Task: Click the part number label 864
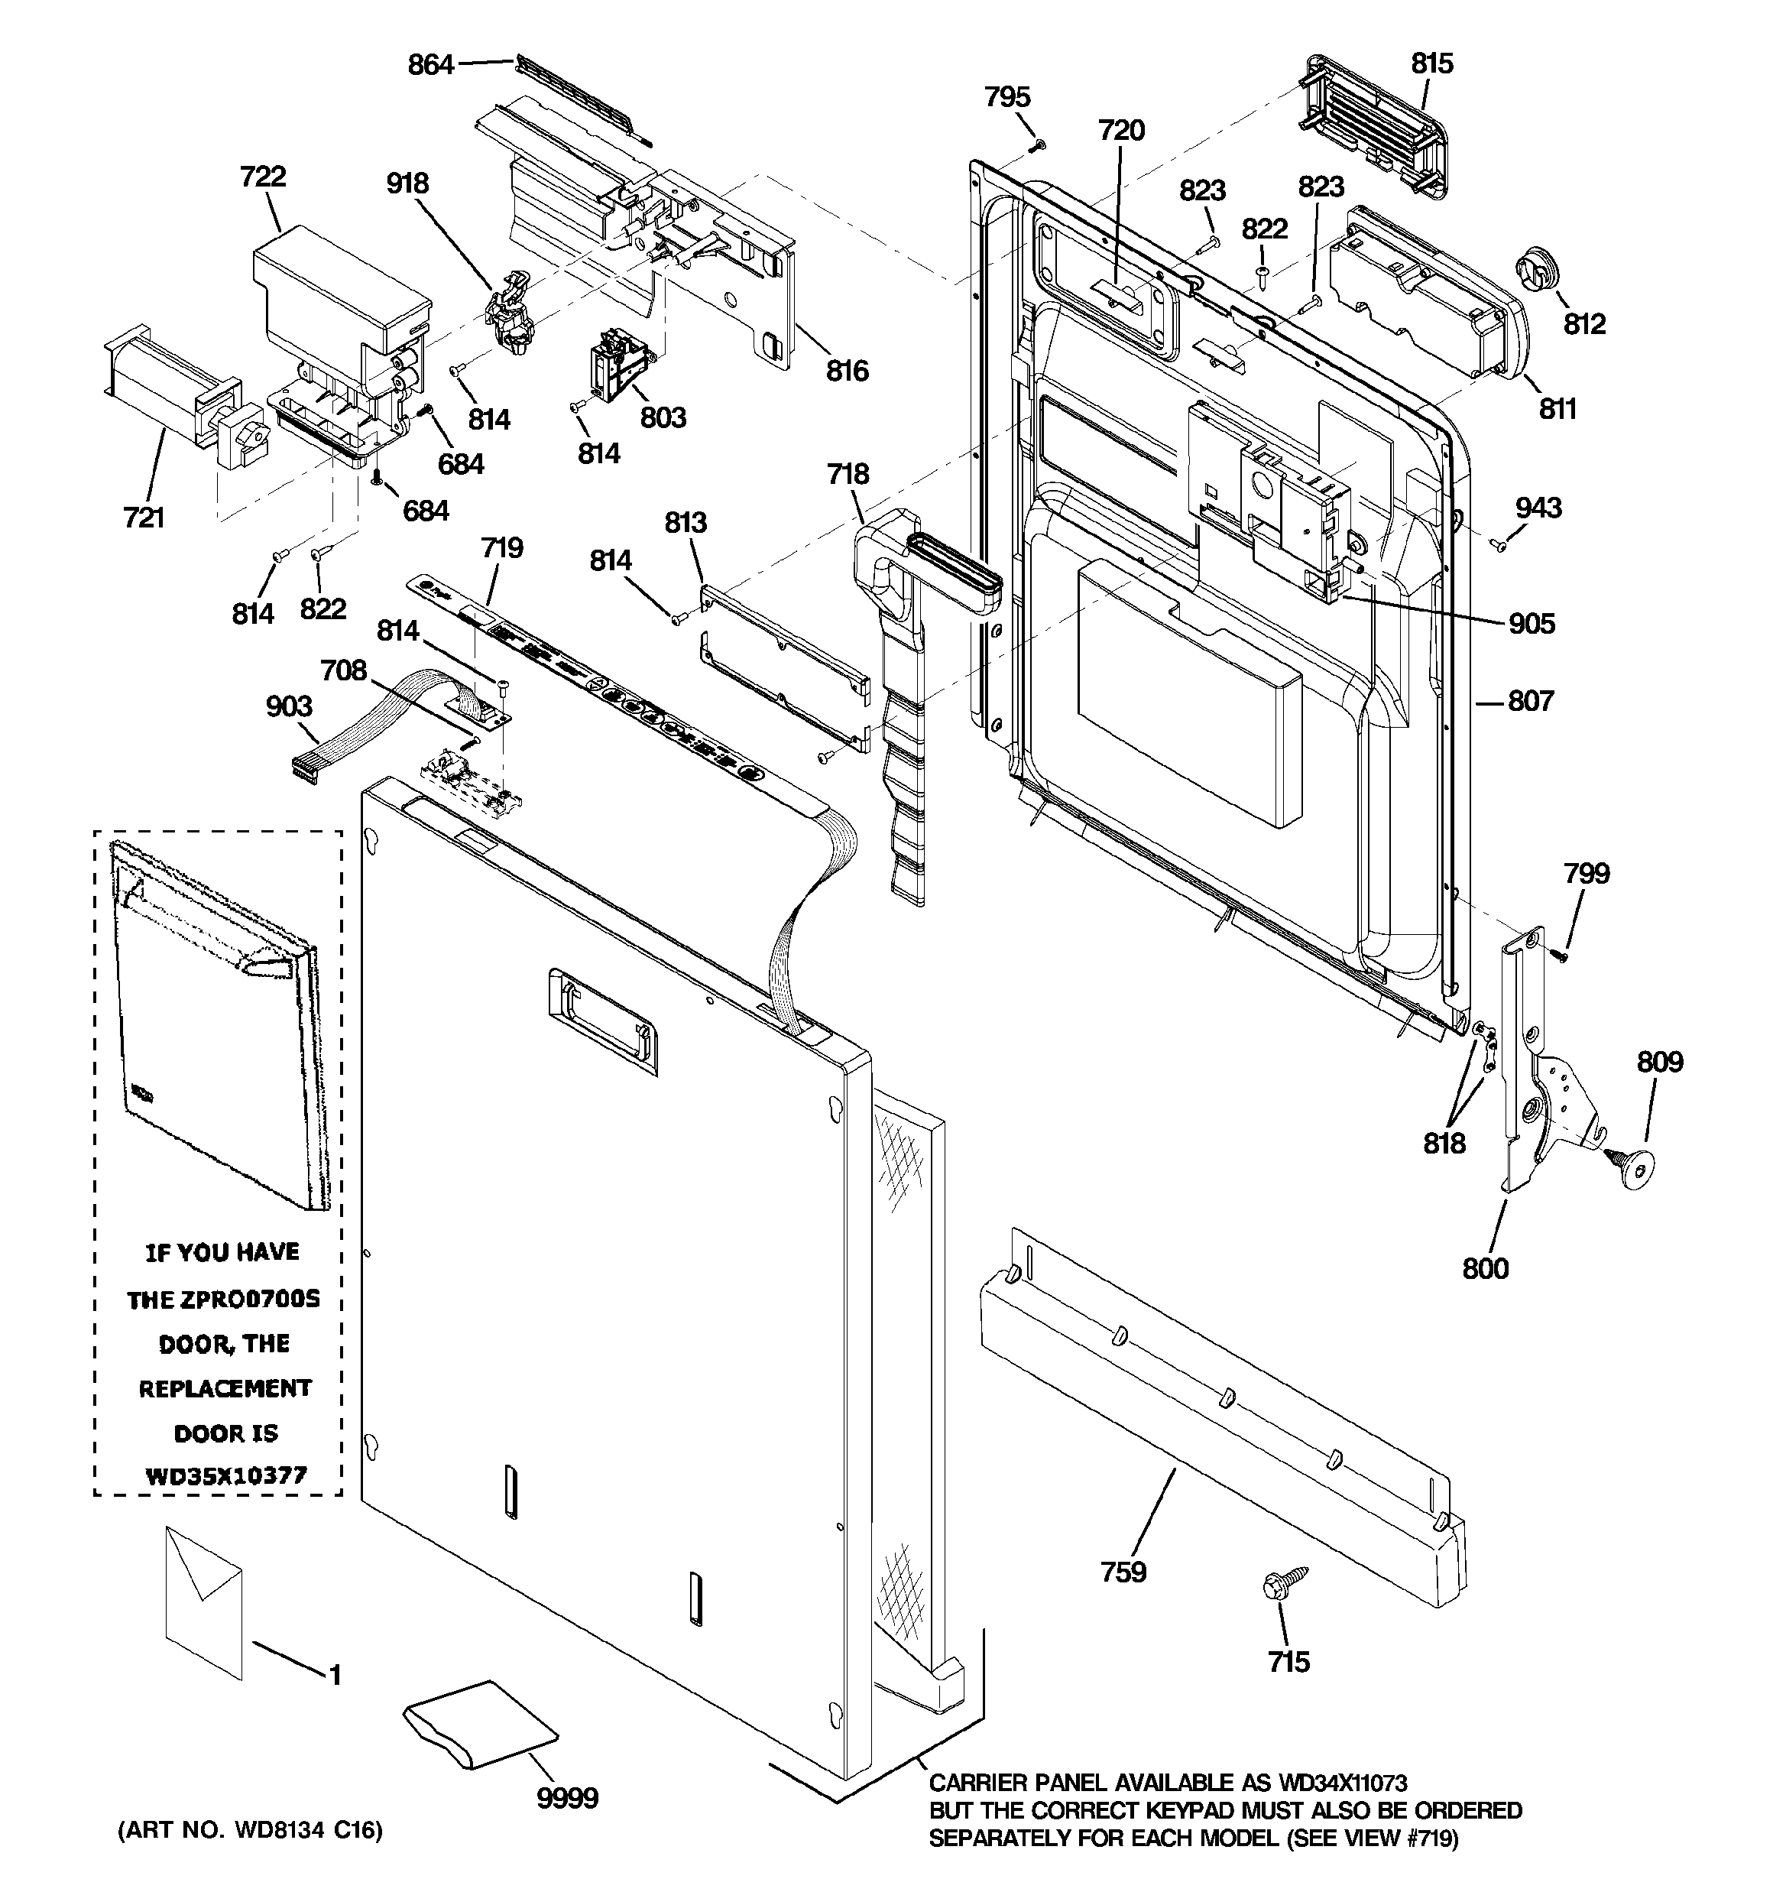coord(430,66)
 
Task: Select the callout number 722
coord(263,177)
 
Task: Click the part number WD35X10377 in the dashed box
coord(225,1476)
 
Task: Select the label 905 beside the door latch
coord(1532,625)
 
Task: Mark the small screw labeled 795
coord(1039,144)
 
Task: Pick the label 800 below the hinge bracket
coord(1485,1269)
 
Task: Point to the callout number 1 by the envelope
coord(335,1675)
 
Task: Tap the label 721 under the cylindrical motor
coord(144,518)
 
